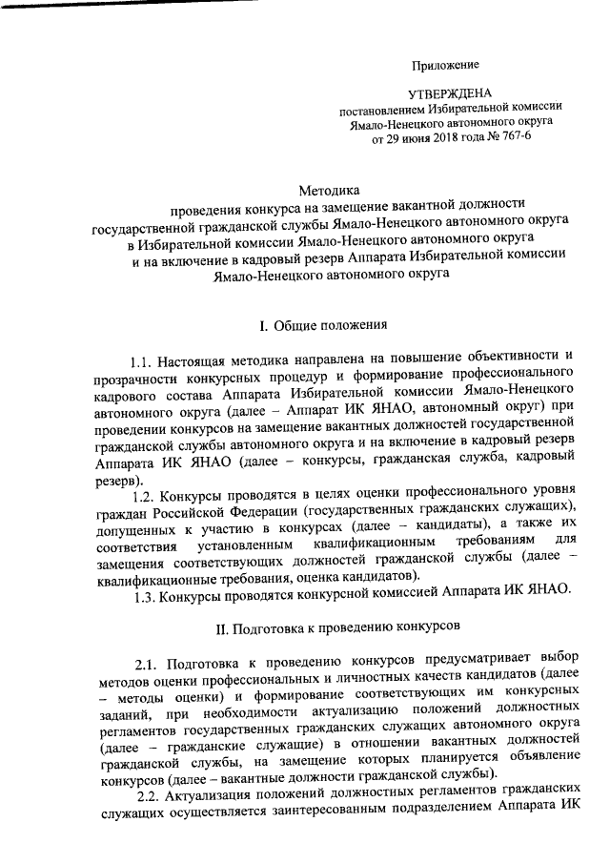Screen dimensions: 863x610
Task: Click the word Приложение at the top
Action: click(x=444, y=65)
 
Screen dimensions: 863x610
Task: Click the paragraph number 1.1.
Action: click(x=145, y=363)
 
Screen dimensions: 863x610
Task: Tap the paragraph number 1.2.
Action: click(x=150, y=497)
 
